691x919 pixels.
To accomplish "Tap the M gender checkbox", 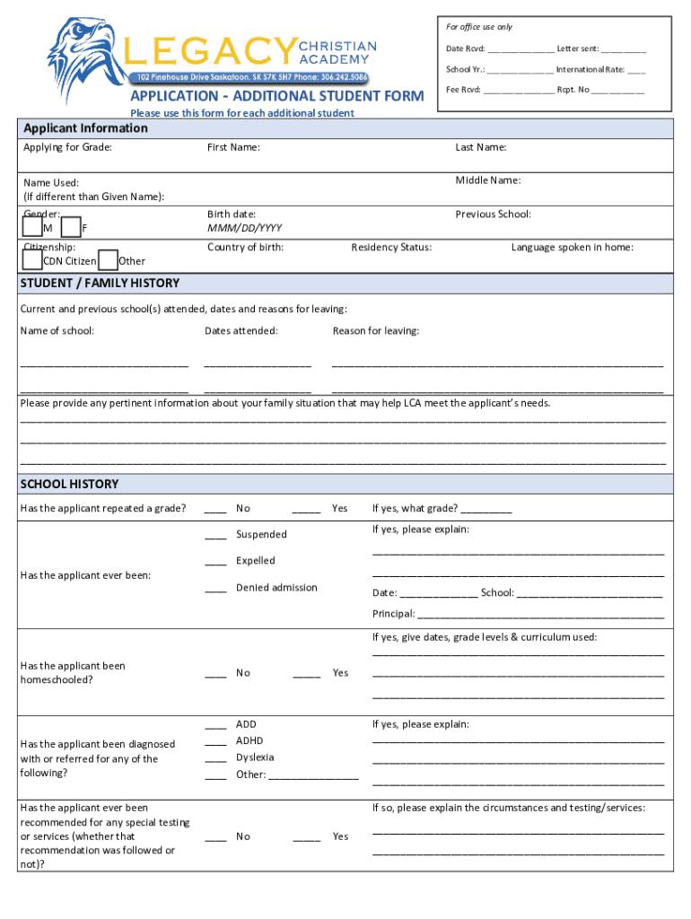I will [x=32, y=228].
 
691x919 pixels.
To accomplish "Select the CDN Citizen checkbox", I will [x=32, y=260].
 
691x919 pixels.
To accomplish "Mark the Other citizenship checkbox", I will [x=108, y=260].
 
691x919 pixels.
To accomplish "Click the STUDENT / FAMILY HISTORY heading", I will [x=100, y=284].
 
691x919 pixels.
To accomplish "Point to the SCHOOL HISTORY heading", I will [x=69, y=485].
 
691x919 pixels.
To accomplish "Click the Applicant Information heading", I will [x=85, y=128].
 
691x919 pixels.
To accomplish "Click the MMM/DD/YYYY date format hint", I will [x=244, y=228].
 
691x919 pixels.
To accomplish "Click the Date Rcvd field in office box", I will [x=521, y=50].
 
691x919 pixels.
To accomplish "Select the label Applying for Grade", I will [x=67, y=147].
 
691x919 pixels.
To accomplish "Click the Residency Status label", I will [x=391, y=248].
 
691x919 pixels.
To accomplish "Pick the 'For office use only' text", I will [x=479, y=27].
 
